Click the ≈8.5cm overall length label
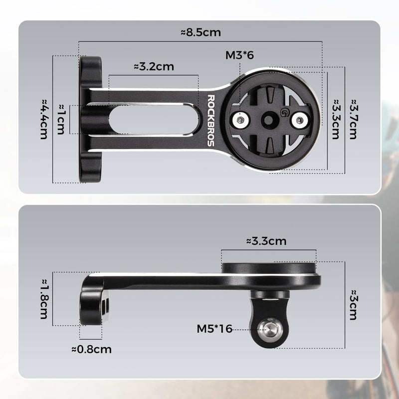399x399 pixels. pos(200,32)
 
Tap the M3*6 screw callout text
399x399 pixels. pos(239,55)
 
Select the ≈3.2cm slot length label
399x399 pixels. pos(154,67)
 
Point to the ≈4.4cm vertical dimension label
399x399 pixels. pos(43,119)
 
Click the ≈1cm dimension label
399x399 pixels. pos(60,120)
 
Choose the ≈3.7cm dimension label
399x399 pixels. pos(353,119)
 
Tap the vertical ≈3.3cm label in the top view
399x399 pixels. pos(336,119)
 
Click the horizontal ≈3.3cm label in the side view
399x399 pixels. pos(266,241)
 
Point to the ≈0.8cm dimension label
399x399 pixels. pos(92,349)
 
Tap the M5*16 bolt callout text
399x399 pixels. pos(215,328)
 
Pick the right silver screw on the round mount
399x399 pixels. pos(299,119)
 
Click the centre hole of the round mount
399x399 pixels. pos(270,119)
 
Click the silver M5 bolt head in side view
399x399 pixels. pos(269,329)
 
